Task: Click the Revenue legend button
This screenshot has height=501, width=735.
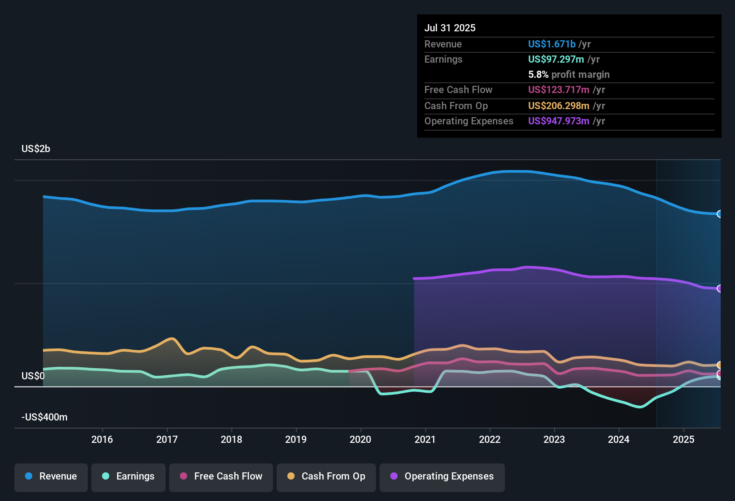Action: coord(51,476)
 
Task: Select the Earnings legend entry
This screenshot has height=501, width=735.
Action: coord(128,476)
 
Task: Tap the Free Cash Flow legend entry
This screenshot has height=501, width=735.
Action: coord(221,476)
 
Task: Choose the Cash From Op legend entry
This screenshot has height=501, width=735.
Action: coord(326,476)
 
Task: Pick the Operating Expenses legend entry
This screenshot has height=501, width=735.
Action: coord(442,476)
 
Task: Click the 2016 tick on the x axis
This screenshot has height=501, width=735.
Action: coord(102,439)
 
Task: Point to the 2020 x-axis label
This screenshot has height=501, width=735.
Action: coord(360,439)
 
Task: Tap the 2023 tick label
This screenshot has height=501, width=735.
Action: coord(554,439)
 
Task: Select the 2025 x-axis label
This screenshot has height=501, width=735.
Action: coord(684,439)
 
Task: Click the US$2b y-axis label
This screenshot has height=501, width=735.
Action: coord(36,149)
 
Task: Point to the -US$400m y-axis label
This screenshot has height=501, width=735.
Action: coord(44,417)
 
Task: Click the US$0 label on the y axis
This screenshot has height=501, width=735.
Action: coord(33,376)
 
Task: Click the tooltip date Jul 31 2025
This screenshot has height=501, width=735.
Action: coord(450,28)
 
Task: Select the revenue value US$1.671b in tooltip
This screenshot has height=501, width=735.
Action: coord(551,44)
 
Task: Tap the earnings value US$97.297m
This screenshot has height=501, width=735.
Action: coord(556,59)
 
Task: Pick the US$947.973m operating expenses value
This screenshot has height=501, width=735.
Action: coord(559,121)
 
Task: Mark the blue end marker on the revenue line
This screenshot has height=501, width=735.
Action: coord(719,214)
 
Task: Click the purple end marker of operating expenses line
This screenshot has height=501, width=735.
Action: coord(719,289)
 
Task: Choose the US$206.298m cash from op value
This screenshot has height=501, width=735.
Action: coord(559,106)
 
